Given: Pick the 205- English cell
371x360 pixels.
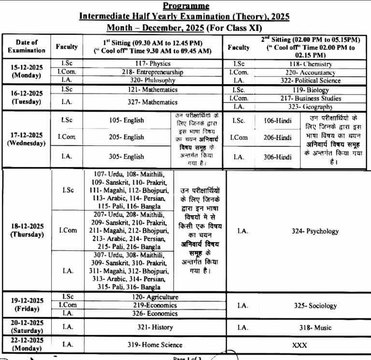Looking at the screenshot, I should coord(127,137).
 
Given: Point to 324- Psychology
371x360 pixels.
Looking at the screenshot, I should coord(315,231).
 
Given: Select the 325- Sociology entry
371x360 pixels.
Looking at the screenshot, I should coord(315,306).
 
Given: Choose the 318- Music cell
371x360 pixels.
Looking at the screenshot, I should coord(315,328).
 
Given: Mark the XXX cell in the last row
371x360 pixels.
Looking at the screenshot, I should coord(300,345).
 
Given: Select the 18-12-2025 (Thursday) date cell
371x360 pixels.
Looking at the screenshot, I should coord(27,230).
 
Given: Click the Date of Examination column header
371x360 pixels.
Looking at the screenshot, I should coord(27,46).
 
